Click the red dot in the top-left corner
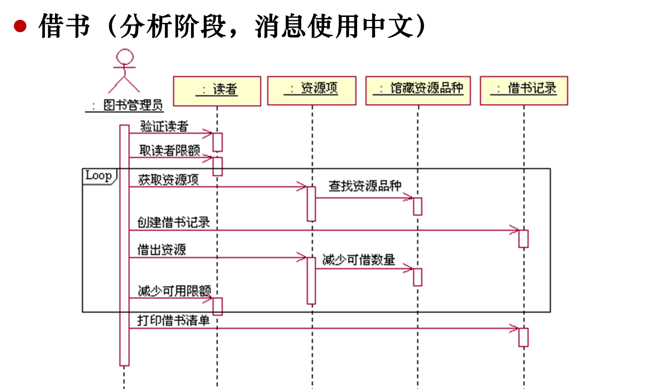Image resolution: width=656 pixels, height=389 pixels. tap(20, 26)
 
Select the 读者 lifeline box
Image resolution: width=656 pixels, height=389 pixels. tap(217, 91)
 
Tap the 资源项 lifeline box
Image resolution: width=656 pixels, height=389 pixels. tap(312, 90)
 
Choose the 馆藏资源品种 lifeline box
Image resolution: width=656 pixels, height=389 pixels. tap(418, 90)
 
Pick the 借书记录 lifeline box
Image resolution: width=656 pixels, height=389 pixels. tap(524, 90)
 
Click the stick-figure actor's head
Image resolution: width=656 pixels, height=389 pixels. tap(124, 57)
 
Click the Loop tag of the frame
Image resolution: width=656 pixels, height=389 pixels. tap(99, 176)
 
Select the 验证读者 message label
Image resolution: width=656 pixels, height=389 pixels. tap(164, 126)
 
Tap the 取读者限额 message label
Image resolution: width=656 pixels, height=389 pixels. tap(169, 151)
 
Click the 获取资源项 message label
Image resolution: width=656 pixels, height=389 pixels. tap(168, 180)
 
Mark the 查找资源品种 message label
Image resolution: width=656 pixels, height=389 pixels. tap(365, 186)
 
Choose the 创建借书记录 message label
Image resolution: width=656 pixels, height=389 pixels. tap(174, 223)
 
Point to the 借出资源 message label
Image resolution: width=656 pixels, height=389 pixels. tap(162, 250)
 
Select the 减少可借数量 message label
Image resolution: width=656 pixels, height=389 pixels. tap(359, 260)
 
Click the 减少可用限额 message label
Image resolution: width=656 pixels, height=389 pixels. tap(174, 291)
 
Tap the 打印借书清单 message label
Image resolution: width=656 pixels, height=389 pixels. tap(174, 320)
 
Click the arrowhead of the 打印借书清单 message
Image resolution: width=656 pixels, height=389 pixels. tap(515, 328)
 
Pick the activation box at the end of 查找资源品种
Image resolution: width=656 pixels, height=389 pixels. tap(417, 206)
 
